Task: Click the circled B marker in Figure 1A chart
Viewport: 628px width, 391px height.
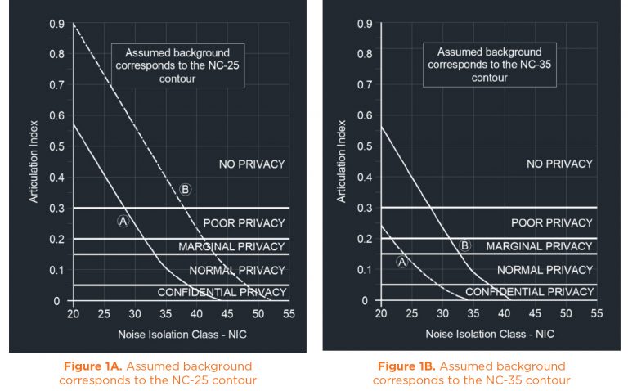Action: pyautogui.click(x=185, y=190)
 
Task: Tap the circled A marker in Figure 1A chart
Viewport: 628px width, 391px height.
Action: pyautogui.click(x=123, y=221)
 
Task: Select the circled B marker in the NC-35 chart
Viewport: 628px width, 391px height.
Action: pyautogui.click(x=465, y=245)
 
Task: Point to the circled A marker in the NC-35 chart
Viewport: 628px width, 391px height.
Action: pyautogui.click(x=401, y=262)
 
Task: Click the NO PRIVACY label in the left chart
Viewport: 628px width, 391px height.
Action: pyautogui.click(x=252, y=164)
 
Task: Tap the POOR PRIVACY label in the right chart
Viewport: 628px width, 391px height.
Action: pyautogui.click(x=552, y=222)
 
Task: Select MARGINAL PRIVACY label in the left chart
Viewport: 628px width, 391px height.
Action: pyautogui.click(x=233, y=246)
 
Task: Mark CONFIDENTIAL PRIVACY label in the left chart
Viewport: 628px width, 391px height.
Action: pyautogui.click(x=222, y=292)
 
